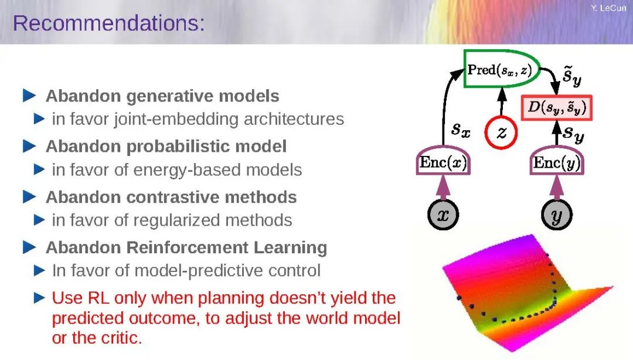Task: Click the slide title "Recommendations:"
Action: click(x=109, y=23)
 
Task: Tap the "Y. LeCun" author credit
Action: click(x=608, y=8)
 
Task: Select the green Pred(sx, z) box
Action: click(x=502, y=69)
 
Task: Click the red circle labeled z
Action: click(x=501, y=133)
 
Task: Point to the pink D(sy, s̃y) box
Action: click(x=557, y=107)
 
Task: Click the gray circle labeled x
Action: click(x=443, y=215)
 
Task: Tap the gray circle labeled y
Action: click(x=557, y=215)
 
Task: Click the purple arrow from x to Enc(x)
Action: click(x=443, y=187)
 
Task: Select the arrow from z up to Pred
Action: click(x=502, y=102)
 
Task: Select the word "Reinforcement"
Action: click(x=187, y=247)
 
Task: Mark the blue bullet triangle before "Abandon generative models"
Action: click(x=29, y=96)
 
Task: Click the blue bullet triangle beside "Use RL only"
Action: click(x=40, y=298)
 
